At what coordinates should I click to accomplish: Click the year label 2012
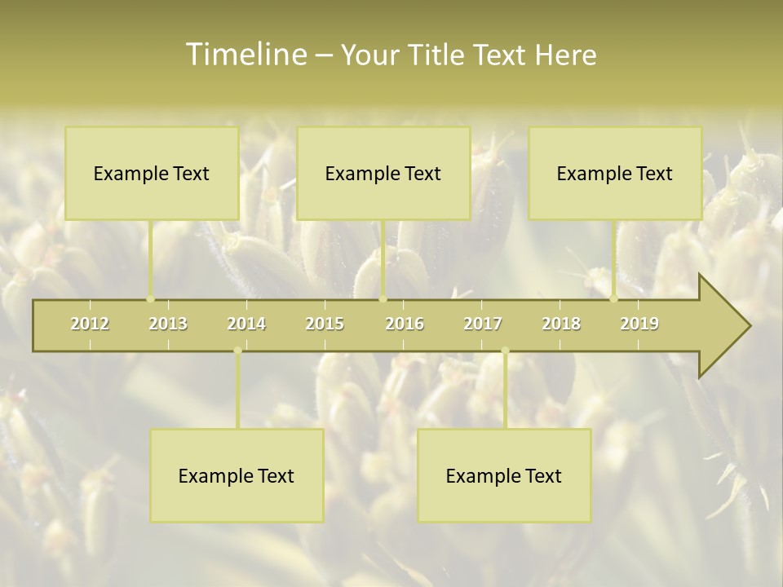point(90,324)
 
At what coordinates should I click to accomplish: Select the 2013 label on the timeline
point(168,324)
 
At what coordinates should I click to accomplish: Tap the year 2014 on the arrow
point(246,324)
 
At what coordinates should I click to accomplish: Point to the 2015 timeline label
point(325,324)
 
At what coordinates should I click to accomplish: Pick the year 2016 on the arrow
point(405,324)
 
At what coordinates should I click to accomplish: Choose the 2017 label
point(483,324)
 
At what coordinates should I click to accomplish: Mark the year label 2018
point(561,324)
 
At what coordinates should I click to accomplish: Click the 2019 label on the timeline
point(639,324)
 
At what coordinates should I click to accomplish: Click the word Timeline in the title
point(246,55)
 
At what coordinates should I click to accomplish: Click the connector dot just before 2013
point(150,298)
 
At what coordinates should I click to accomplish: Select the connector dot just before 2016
point(383,298)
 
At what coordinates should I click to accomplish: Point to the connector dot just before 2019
point(614,298)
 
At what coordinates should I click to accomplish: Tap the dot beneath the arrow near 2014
point(237,351)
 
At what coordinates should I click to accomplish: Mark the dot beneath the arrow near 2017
point(505,351)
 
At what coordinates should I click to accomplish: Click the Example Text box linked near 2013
point(152,173)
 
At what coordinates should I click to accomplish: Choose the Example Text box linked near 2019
point(615,173)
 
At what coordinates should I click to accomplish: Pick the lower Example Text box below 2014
point(237,475)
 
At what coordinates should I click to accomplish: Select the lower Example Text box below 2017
point(504,475)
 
